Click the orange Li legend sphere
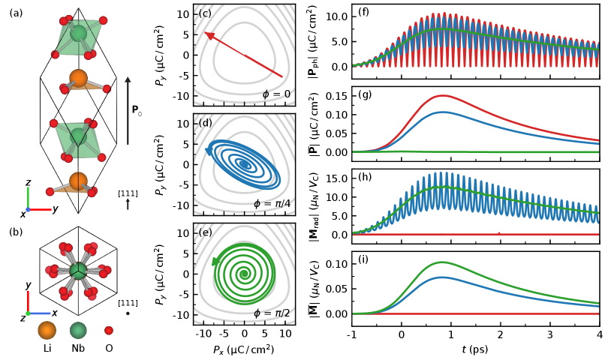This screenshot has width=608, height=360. (47, 331)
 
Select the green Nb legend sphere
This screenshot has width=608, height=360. (78, 331)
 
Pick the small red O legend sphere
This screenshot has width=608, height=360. (109, 331)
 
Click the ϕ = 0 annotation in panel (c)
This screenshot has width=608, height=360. (276, 94)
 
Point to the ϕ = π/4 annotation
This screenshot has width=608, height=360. (272, 202)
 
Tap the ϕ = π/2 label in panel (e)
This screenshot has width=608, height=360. (272, 313)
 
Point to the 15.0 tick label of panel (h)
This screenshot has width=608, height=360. (336, 178)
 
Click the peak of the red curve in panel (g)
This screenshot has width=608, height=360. (443, 95)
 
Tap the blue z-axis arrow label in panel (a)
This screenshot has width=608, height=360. (28, 182)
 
